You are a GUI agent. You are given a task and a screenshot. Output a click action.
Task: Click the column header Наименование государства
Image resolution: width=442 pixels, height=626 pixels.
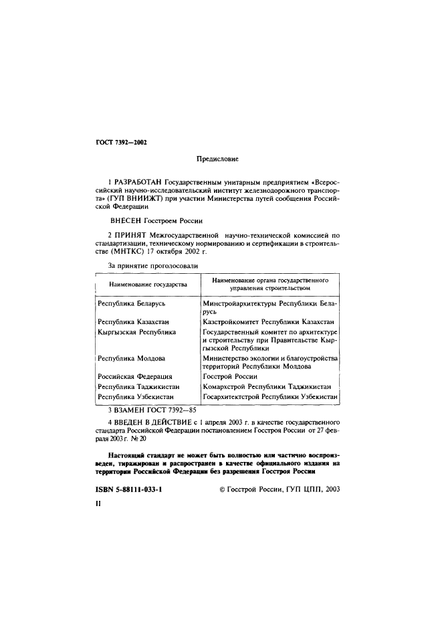coord(143,284)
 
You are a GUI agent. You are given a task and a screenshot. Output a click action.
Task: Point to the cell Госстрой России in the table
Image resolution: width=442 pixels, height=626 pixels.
coord(230,376)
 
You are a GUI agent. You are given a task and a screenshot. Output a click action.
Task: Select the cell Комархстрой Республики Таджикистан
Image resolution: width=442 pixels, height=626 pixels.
coord(266,386)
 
